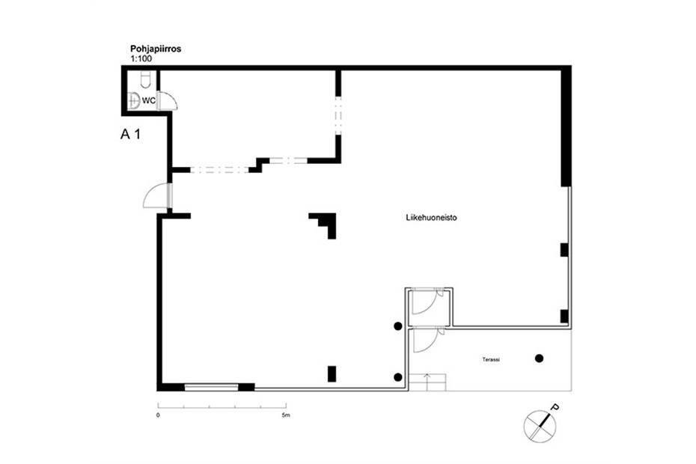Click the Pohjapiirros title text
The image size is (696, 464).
[x=156, y=49]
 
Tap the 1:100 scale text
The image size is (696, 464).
[x=141, y=58]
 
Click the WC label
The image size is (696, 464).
[x=149, y=101]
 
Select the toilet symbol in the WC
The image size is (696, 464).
[x=146, y=79]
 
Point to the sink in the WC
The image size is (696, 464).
[x=133, y=101]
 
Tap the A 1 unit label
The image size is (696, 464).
[x=130, y=134]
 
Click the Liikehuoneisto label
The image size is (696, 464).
[x=431, y=218]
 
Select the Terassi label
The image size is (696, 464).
[x=491, y=360]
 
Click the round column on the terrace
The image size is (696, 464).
[x=539, y=358]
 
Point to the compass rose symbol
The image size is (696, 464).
[x=540, y=427]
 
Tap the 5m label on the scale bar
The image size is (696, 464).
[x=286, y=415]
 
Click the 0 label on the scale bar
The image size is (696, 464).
[x=158, y=415]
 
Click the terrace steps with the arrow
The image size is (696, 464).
[x=427, y=382]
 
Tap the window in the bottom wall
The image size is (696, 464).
[x=211, y=387]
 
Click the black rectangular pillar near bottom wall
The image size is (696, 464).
[x=332, y=374]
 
